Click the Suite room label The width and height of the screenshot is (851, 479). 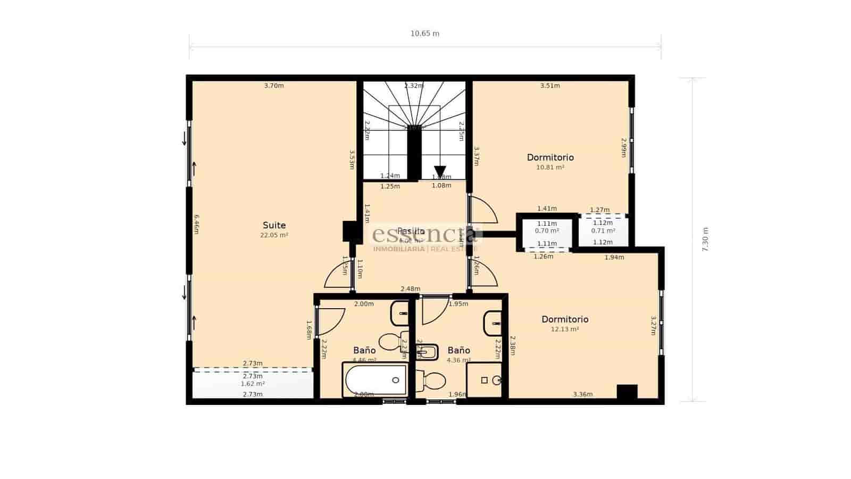tap(274, 225)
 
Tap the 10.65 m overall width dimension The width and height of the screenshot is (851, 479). tap(424, 34)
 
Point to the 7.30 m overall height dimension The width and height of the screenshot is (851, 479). tap(705, 240)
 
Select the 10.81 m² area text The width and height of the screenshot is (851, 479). tap(550, 167)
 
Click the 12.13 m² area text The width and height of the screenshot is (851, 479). tap(564, 329)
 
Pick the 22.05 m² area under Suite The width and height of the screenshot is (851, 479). tap(274, 235)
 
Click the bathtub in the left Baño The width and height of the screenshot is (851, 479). tap(375, 379)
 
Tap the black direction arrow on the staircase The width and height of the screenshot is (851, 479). tap(440, 171)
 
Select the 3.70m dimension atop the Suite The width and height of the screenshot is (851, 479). tap(274, 86)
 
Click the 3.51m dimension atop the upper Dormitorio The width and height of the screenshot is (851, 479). tap(550, 86)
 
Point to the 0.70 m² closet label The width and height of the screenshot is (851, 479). tap(547, 231)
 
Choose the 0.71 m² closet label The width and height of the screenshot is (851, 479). tap(603, 231)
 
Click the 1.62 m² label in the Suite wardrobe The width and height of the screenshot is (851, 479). tap(253, 383)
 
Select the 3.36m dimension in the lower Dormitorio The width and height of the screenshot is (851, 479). tap(582, 394)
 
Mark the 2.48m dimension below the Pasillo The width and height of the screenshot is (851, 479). tap(410, 289)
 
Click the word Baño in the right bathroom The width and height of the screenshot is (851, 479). tap(458, 350)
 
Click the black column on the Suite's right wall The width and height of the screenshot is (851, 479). tap(349, 232)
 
